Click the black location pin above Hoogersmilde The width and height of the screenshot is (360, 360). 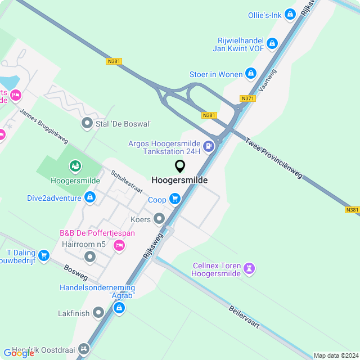point(180,166)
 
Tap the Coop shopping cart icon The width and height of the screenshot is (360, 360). point(175,199)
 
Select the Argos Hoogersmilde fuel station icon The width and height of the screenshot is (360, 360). point(209,147)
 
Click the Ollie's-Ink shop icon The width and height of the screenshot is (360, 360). point(290,14)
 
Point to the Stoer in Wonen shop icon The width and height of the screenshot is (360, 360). point(251,74)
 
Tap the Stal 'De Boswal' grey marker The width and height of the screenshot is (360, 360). point(87,123)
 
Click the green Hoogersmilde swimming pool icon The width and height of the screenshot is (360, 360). point(75,166)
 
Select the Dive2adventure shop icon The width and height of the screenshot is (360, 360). point(89,197)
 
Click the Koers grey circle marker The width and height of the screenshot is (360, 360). point(159,218)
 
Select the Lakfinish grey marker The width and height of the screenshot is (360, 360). point(98,312)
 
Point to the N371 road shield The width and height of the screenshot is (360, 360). point(247,98)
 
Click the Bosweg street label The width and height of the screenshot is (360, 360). point(76,273)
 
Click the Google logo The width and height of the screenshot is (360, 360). point(19,353)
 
